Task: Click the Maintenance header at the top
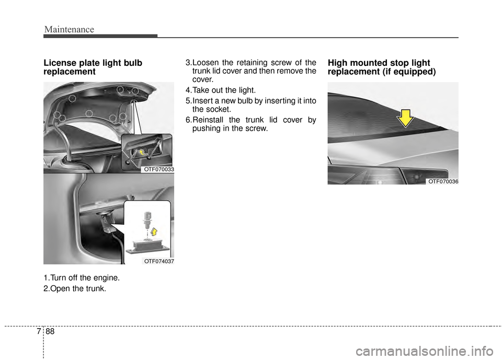[69, 29]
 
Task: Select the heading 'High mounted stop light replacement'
[382, 67]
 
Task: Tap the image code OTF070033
[157, 169]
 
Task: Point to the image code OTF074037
[157, 261]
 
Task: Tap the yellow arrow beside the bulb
[154, 230]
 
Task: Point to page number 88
[50, 333]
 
